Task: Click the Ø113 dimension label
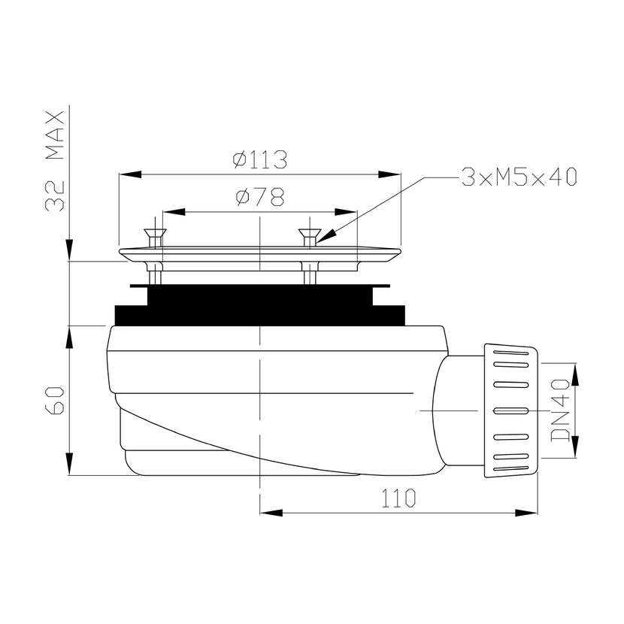260,159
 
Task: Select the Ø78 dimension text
260,196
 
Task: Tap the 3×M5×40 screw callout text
519,177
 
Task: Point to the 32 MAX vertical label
55,160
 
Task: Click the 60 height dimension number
55,400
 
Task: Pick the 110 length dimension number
398,498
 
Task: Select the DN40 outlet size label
560,410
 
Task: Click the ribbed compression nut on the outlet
511,410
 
